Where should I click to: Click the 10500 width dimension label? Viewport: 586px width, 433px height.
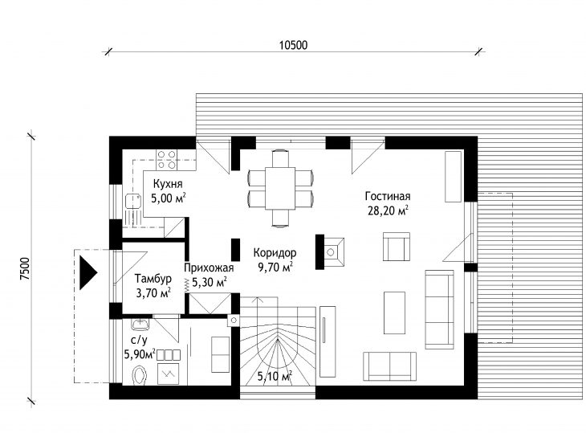point(293,45)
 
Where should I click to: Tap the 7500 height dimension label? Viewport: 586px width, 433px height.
point(25,268)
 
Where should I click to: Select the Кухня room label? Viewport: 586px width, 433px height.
point(168,184)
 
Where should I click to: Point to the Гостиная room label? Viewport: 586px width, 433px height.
point(388,196)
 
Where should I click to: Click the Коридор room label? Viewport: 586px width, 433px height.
point(275,253)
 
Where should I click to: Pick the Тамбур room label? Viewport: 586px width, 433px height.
point(153,279)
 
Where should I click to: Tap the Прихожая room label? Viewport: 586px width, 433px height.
point(209,268)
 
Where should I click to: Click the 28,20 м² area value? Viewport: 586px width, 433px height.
point(388,210)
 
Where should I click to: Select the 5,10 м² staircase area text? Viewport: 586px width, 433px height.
point(275,376)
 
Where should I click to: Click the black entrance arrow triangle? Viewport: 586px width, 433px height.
point(87,272)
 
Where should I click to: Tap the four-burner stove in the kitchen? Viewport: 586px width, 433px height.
point(167,159)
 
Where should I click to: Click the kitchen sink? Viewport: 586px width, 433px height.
point(133,201)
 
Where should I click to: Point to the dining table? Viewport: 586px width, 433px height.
point(280,188)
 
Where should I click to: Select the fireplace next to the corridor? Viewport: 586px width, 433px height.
point(331,251)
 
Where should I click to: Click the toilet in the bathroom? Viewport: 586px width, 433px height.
point(140,374)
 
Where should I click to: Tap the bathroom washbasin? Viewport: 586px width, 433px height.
point(140,324)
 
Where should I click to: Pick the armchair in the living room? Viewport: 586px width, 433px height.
point(396,247)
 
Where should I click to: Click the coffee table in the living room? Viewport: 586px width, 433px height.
point(394,312)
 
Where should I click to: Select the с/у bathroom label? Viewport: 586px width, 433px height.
point(140,340)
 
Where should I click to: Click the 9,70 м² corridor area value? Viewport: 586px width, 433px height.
point(275,267)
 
